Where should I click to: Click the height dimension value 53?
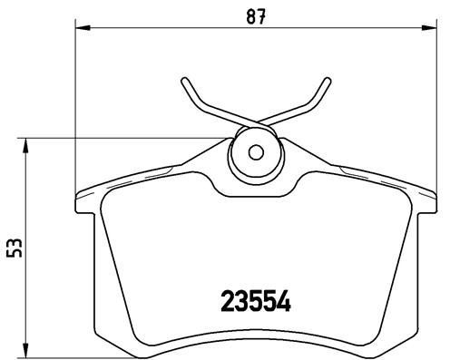(13, 247)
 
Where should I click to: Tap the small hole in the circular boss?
(255, 152)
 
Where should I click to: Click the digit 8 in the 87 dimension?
(249, 16)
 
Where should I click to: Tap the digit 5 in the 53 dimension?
(13, 253)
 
